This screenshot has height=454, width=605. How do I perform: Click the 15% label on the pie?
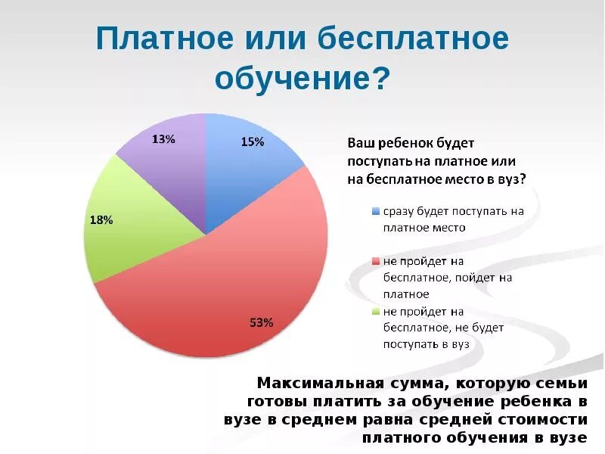tap(253, 141)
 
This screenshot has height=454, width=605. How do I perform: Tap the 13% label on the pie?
tap(163, 139)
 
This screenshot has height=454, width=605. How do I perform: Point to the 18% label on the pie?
tap(101, 220)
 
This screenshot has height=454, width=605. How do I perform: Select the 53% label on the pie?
tap(261, 323)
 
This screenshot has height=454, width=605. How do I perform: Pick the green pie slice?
tap(125, 227)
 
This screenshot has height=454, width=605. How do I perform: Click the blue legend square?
tap(376, 212)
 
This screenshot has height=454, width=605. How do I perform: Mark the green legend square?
tap(376, 312)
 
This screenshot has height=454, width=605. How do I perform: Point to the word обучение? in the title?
tap(302, 77)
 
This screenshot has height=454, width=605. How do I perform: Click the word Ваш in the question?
tap(360, 143)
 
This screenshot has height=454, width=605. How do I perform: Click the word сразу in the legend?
tap(399, 212)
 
